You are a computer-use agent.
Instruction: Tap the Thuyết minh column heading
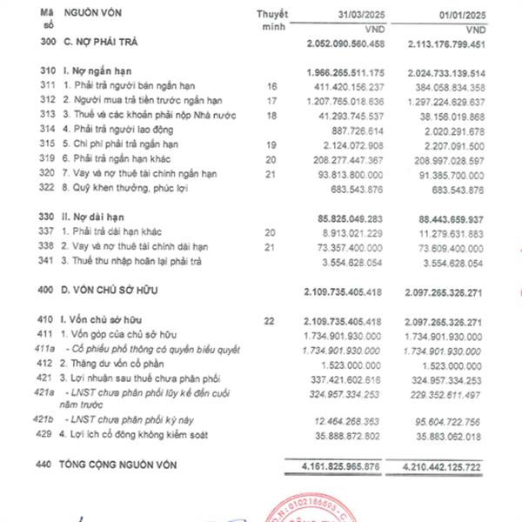click(x=272, y=21)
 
